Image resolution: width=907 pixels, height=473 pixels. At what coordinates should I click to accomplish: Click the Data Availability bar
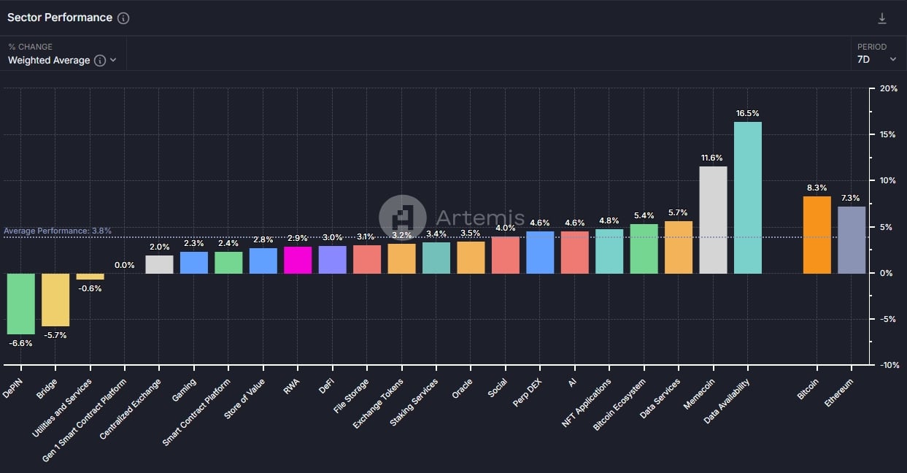(x=747, y=197)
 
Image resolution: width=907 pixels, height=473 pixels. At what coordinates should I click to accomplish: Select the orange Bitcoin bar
(x=817, y=235)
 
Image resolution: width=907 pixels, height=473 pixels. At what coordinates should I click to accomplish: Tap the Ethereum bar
(x=852, y=240)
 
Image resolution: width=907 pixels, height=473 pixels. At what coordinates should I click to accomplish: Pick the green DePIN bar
(x=21, y=304)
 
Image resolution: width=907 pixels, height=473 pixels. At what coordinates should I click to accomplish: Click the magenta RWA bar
(x=298, y=260)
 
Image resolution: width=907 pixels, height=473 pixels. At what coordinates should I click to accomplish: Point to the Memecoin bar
(x=713, y=220)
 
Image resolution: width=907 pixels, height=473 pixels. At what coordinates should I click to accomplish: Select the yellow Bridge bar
(x=55, y=300)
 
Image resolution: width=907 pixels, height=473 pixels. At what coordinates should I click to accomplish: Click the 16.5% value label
(x=747, y=114)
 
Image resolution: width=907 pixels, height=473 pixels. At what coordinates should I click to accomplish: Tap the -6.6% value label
(x=20, y=343)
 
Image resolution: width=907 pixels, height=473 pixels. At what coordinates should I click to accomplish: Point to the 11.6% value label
(x=712, y=158)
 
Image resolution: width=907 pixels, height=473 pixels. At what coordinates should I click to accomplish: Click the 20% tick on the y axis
(x=888, y=88)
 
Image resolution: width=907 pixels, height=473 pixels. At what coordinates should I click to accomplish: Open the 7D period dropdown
(x=876, y=60)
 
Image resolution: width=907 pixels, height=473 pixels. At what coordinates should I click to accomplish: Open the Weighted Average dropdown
(x=62, y=61)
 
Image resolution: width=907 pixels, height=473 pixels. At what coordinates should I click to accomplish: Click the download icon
(x=882, y=18)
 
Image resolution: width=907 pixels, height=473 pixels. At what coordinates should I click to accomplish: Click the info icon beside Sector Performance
(x=123, y=18)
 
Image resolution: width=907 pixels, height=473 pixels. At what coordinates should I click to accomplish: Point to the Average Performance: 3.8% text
(x=58, y=231)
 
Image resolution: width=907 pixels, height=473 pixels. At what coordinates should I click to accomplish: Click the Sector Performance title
(x=60, y=18)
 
